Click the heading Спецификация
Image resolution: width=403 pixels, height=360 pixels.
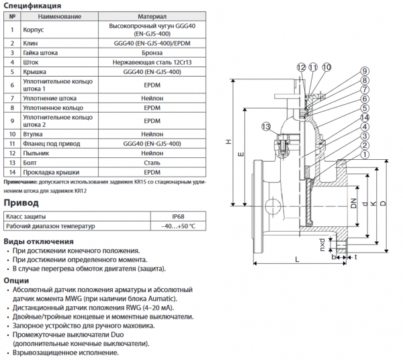click(33, 5)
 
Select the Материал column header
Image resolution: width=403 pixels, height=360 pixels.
click(152, 15)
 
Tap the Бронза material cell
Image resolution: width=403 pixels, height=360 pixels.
click(152, 52)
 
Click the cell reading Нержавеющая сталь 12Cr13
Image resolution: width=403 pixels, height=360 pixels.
click(152, 62)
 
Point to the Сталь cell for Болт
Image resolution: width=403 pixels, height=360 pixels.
click(152, 163)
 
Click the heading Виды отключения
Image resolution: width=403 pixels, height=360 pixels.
click(39, 241)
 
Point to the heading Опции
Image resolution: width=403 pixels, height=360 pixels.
click(17, 280)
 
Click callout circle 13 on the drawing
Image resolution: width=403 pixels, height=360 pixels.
click(266, 127)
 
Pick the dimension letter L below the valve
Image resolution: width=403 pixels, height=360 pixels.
click(296, 259)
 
